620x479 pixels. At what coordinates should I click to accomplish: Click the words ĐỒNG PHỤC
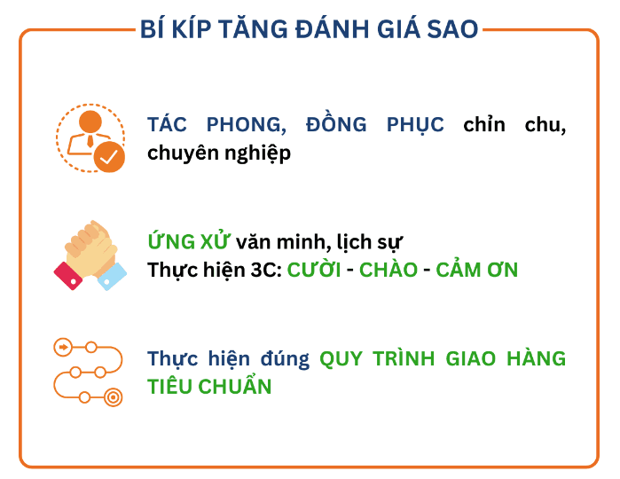375,125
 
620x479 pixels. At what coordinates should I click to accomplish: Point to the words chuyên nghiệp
219,153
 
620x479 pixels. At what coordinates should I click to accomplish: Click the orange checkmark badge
109,157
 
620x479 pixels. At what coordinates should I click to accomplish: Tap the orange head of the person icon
90,122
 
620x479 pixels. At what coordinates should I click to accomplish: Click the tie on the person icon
90,141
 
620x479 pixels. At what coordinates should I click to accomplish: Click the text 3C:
266,271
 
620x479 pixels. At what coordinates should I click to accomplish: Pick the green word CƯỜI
314,270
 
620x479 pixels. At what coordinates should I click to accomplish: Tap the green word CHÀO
388,269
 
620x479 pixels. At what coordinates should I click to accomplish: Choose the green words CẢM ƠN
477,269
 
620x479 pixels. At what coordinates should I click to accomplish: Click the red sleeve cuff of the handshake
68,276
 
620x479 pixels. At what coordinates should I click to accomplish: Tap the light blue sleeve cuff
113,277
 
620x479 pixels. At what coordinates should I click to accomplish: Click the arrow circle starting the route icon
63,348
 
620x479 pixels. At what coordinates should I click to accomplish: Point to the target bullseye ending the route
113,397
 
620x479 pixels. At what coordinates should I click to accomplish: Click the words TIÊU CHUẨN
209,386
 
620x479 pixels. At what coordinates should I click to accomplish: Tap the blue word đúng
285,359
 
